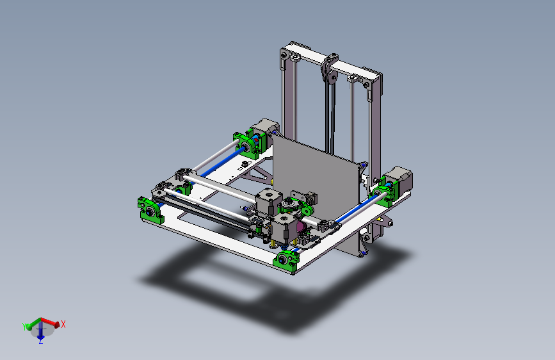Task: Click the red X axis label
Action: point(63,324)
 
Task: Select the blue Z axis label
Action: point(40,342)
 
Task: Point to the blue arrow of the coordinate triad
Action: point(40,332)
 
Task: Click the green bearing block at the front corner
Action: point(286,261)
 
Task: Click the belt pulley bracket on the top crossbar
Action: point(328,69)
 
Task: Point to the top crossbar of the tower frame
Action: point(346,68)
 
